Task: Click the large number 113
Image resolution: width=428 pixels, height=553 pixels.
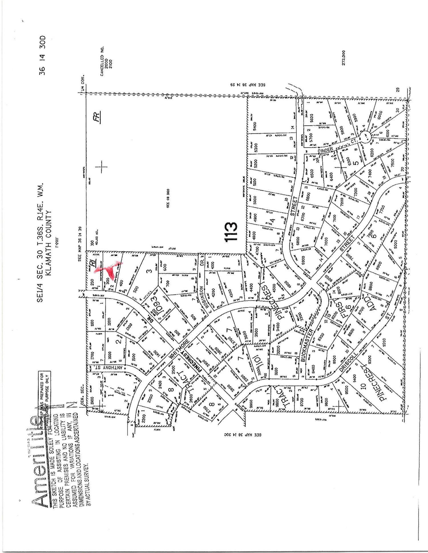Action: point(231,232)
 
